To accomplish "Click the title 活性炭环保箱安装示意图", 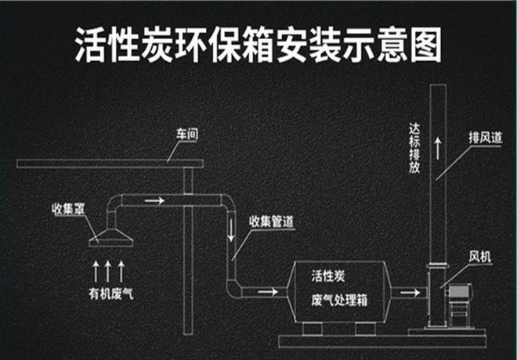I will click(258, 45).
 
